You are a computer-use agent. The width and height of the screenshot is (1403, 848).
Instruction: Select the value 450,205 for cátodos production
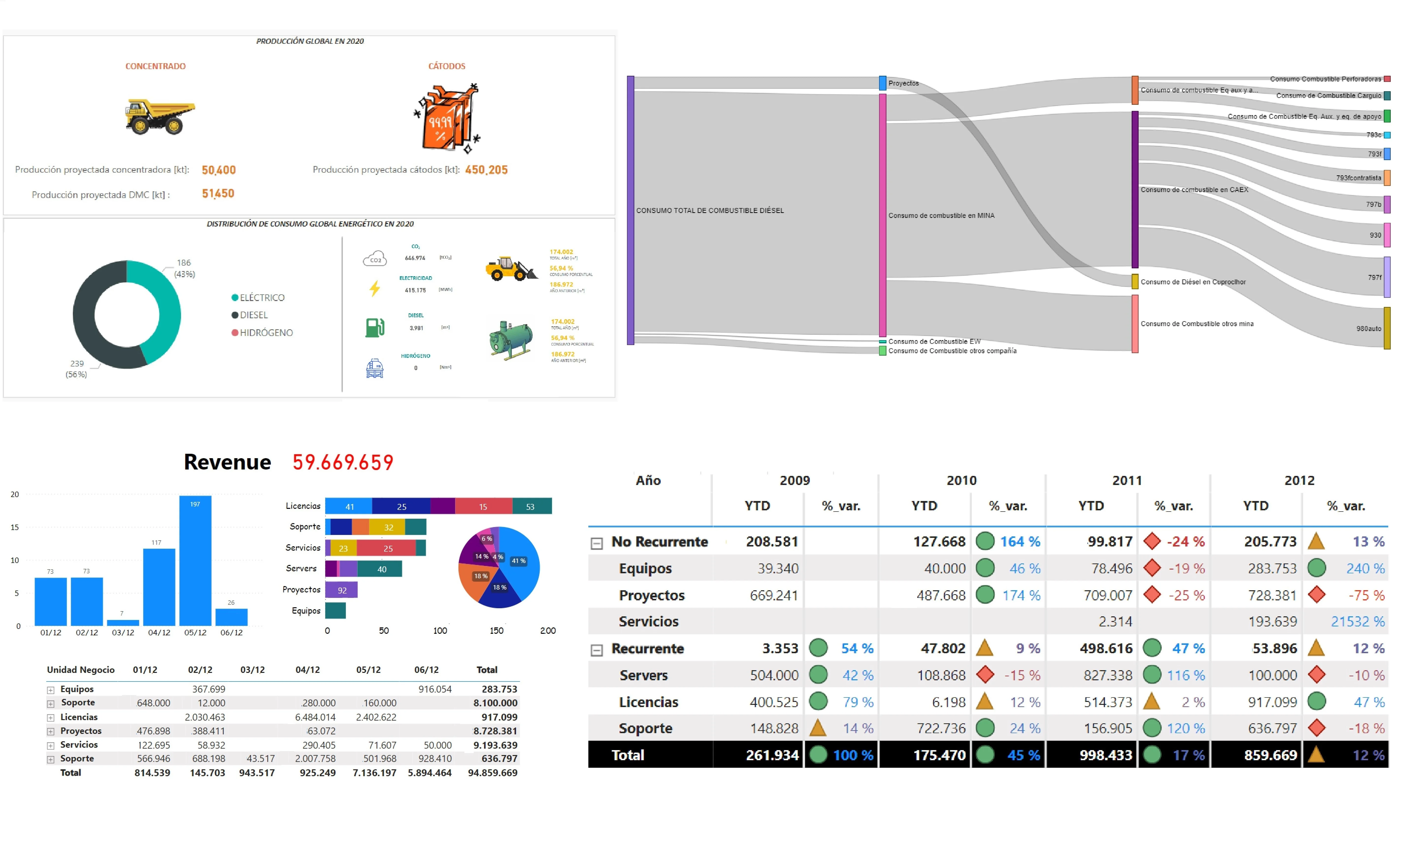486,170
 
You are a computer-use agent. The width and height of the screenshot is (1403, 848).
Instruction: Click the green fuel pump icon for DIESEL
375,327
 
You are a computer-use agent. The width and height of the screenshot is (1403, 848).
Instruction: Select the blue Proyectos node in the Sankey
883,83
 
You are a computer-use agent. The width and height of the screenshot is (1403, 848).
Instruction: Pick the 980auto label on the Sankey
1368,329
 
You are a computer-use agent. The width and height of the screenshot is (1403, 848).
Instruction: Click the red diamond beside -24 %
1152,541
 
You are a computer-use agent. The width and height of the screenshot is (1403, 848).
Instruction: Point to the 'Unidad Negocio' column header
81,670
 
